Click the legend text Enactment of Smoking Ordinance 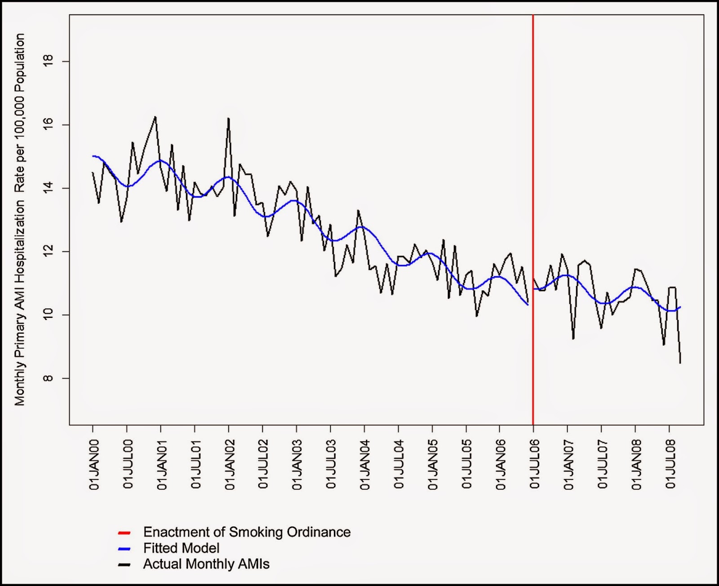click(x=247, y=532)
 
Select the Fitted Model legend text click(x=181, y=548)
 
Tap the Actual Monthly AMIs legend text click(x=206, y=564)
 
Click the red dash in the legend click(x=124, y=533)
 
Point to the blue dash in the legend click(x=124, y=549)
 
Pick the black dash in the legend click(x=124, y=565)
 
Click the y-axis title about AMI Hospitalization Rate click(x=20, y=220)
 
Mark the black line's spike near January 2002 click(x=228, y=119)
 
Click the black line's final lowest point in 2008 click(x=680, y=362)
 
